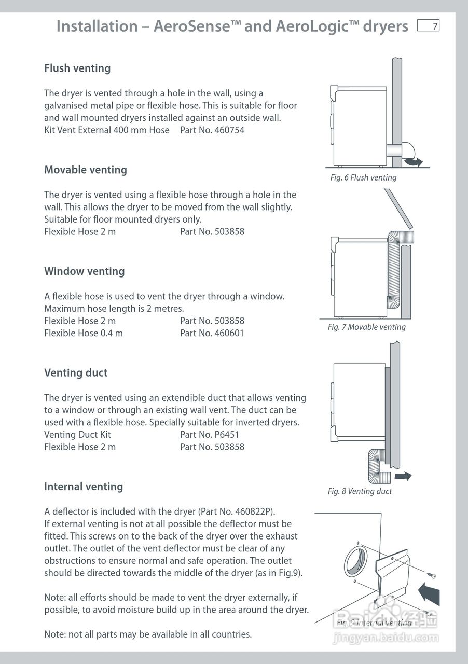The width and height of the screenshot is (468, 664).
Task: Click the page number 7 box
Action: pyautogui.click(x=429, y=26)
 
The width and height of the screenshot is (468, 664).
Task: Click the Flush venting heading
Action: pyautogui.click(x=77, y=68)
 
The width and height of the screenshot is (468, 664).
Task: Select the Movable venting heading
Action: pyautogui.click(x=86, y=170)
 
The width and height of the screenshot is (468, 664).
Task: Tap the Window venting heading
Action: pyautogui.click(x=85, y=271)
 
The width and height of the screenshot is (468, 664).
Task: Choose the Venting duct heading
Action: pyautogui.click(x=76, y=373)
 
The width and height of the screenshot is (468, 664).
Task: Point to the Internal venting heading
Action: pyautogui.click(x=84, y=487)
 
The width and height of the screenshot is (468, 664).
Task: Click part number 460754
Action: pyautogui.click(x=229, y=130)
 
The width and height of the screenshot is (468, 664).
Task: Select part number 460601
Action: pyautogui.click(x=229, y=333)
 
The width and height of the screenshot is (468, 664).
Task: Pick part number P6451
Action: pyautogui.click(x=227, y=435)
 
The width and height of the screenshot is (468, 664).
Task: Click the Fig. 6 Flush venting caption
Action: pyautogui.click(x=363, y=177)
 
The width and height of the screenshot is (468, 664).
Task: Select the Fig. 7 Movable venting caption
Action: pyautogui.click(x=367, y=327)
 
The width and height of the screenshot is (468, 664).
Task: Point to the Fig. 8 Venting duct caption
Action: pyautogui.click(x=360, y=491)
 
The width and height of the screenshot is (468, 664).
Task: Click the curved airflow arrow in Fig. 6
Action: pyautogui.click(x=413, y=162)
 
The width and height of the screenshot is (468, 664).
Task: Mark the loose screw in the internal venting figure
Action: pyautogui.click(x=431, y=575)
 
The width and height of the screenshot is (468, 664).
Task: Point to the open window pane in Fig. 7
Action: pyautogui.click(x=399, y=208)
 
